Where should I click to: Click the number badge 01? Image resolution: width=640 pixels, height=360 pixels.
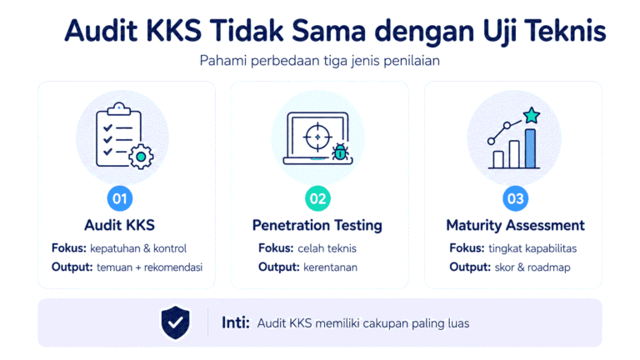click(120, 199)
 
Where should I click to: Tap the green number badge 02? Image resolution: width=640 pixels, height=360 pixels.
click(317, 199)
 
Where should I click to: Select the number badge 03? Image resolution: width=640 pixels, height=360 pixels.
click(515, 199)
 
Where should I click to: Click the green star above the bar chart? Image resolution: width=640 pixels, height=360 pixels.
click(532, 116)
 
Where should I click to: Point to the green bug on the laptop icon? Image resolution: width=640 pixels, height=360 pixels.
click(340, 152)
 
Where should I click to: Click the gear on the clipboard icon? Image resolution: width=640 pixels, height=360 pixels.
click(141, 157)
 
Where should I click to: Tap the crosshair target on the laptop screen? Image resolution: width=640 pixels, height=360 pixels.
click(317, 137)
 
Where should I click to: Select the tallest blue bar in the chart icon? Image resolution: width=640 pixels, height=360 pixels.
click(530, 148)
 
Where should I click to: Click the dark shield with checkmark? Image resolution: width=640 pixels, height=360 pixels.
click(176, 322)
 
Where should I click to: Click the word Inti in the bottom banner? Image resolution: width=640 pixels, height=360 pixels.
click(236, 322)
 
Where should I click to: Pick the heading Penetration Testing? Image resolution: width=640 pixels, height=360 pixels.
click(317, 225)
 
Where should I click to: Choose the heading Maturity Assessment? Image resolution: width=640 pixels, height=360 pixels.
click(515, 225)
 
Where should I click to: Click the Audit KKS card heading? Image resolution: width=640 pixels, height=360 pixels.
click(120, 225)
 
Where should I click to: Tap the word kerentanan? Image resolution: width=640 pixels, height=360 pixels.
click(330, 267)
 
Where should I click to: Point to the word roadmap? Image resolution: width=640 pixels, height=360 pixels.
click(549, 267)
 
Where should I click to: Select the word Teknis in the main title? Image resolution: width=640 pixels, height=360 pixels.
click(565, 31)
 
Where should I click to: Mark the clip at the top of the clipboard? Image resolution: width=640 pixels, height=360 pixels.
click(119, 108)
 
